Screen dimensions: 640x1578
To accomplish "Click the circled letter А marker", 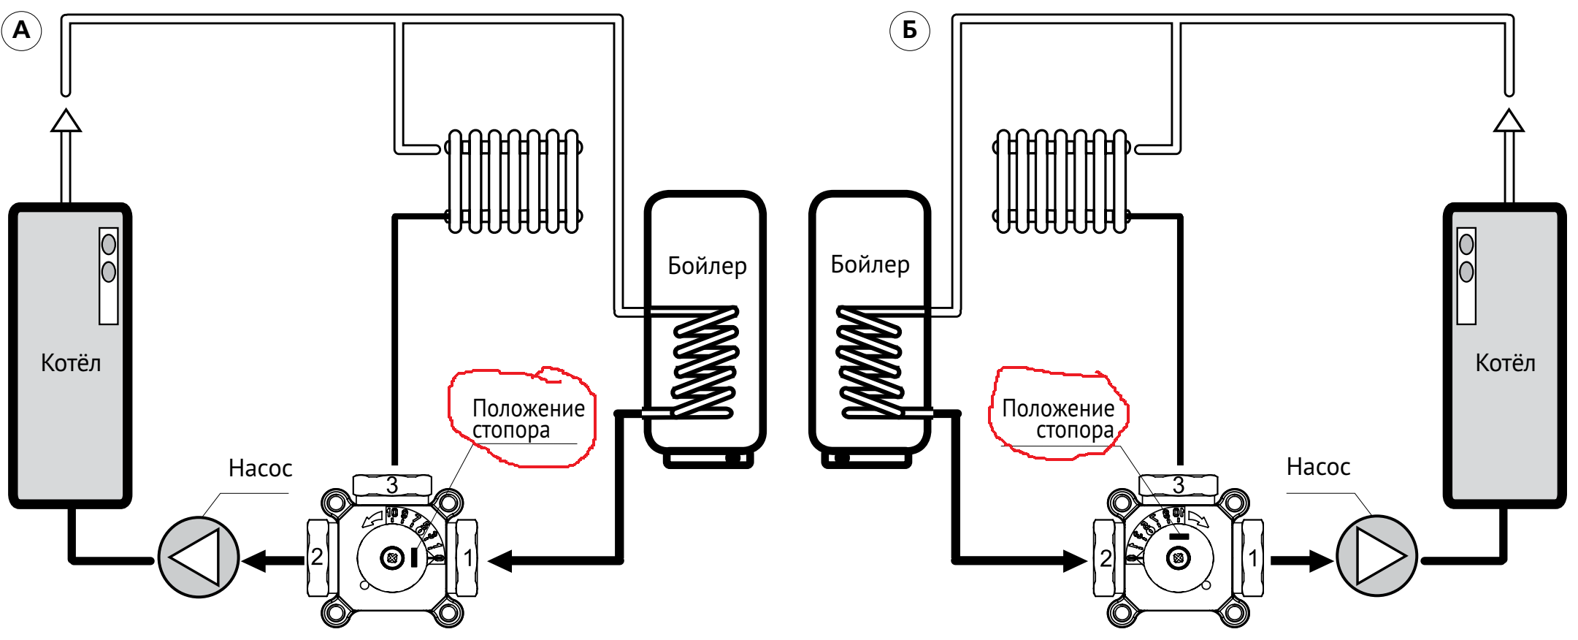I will point(22,31).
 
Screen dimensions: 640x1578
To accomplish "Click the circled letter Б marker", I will point(909,31).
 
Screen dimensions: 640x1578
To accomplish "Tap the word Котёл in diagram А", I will point(71,363).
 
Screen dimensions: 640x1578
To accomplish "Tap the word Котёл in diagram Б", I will point(1505,363).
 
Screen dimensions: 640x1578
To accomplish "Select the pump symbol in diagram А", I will point(198,557).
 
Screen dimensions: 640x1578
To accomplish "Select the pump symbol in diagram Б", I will point(1377,556).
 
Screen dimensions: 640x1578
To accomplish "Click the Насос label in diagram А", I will point(260,468).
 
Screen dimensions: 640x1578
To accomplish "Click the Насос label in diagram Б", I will point(1318,467).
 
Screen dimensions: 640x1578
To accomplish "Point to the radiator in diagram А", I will point(514,181).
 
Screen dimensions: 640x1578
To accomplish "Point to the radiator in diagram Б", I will point(1061,181).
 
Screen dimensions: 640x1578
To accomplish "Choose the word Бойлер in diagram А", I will point(707,266).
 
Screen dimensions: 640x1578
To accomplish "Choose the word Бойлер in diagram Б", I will point(870,264).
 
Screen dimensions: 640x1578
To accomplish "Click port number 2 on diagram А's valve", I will point(317,557).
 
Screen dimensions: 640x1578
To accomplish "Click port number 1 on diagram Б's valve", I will point(1253,558).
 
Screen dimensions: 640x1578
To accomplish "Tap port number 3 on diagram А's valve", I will point(392,485).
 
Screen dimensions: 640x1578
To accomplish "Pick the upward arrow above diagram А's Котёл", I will point(66,121).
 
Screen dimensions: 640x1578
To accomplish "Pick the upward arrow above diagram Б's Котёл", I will point(1509,121).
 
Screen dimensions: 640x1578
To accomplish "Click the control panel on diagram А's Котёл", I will point(109,275).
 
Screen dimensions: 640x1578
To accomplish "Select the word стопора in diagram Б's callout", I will point(1075,430).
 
